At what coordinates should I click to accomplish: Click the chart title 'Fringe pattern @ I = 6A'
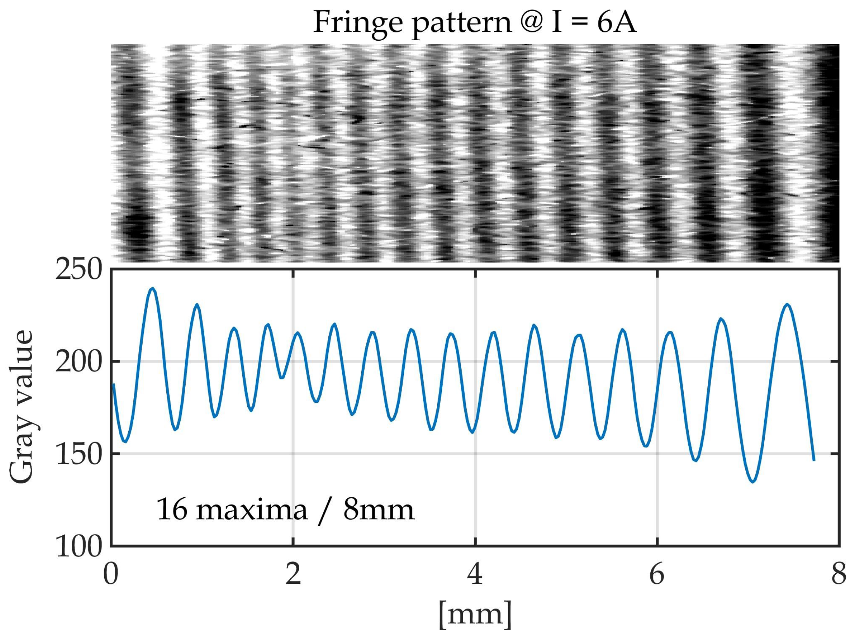click(474, 22)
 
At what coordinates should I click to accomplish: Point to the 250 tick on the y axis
click(79, 270)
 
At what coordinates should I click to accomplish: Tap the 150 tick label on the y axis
click(79, 454)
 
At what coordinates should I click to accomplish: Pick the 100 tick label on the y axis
click(79, 546)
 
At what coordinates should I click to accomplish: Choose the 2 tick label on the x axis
click(293, 574)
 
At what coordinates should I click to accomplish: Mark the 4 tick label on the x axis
click(475, 574)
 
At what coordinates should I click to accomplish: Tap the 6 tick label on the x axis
click(657, 574)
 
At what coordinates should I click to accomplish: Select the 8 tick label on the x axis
click(839, 574)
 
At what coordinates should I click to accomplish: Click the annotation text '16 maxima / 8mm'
click(285, 510)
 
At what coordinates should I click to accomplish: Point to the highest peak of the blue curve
click(152, 288)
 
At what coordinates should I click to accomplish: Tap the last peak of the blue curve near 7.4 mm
click(787, 304)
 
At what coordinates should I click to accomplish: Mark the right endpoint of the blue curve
click(814, 461)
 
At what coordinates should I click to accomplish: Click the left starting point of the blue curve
click(114, 384)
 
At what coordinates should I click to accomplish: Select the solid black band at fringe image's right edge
click(831, 153)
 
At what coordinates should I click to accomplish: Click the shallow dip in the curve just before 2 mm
click(282, 377)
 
